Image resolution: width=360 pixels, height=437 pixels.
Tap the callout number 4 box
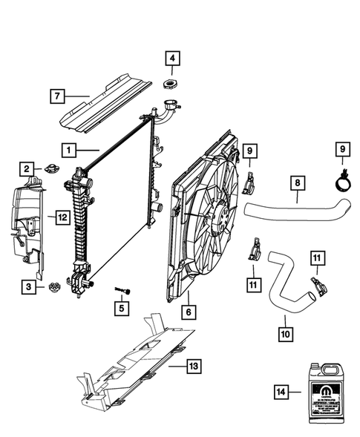(x=172, y=58)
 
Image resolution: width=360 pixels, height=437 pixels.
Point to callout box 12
(x=63, y=217)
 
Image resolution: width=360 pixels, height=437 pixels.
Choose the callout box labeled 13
(x=194, y=366)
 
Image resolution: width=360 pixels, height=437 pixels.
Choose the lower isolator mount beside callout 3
(x=53, y=287)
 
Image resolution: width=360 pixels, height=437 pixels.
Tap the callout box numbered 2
(x=27, y=169)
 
